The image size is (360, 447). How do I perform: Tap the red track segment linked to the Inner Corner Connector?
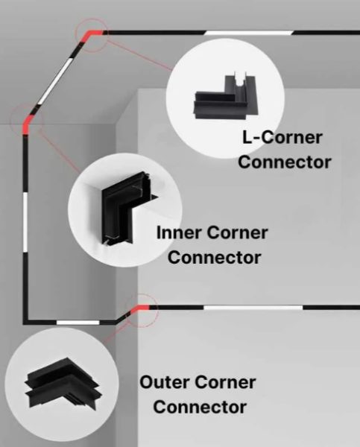[27, 124]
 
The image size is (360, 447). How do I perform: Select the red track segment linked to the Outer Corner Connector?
[140, 308]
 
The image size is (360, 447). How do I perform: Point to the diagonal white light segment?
[54, 80]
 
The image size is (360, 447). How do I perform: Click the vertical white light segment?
[25, 222]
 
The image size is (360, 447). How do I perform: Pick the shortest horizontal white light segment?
[78, 323]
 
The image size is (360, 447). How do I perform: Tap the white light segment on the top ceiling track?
[248, 33]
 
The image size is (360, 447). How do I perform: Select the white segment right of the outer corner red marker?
[253, 307]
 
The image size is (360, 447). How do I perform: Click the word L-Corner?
[282, 137]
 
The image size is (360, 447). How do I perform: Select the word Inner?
[179, 232]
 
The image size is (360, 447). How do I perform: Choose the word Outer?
[164, 382]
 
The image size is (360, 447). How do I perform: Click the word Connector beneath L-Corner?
[285, 162]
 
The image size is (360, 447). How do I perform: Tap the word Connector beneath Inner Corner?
[214, 257]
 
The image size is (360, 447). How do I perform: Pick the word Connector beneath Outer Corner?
[200, 407]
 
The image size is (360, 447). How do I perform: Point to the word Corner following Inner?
[237, 232]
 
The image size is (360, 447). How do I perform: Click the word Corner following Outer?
[225, 382]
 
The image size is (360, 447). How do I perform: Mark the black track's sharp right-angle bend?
[25, 322]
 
